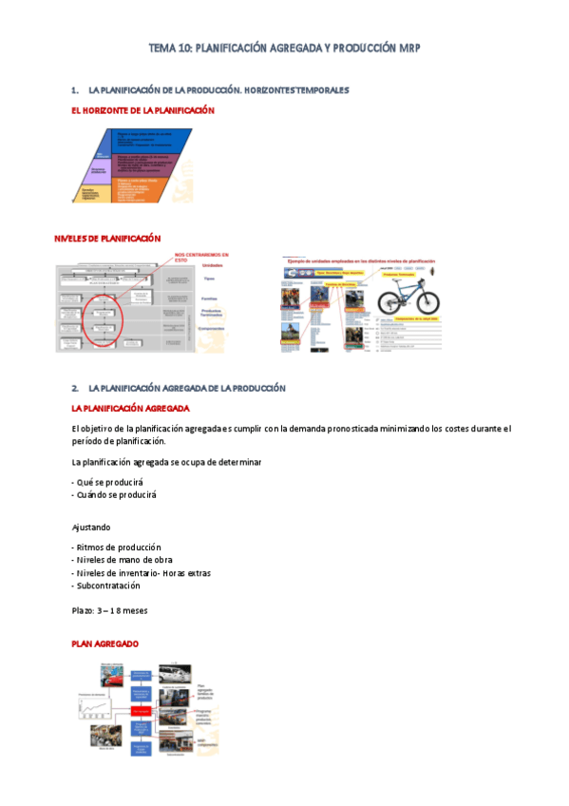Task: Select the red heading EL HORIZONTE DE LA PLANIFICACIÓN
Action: point(143,111)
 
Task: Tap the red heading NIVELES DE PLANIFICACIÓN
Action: point(107,238)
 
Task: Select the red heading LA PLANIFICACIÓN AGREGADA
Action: point(131,408)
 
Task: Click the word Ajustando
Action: point(91,527)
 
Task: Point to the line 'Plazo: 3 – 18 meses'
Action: point(109,609)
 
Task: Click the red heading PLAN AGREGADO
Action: point(105,644)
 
